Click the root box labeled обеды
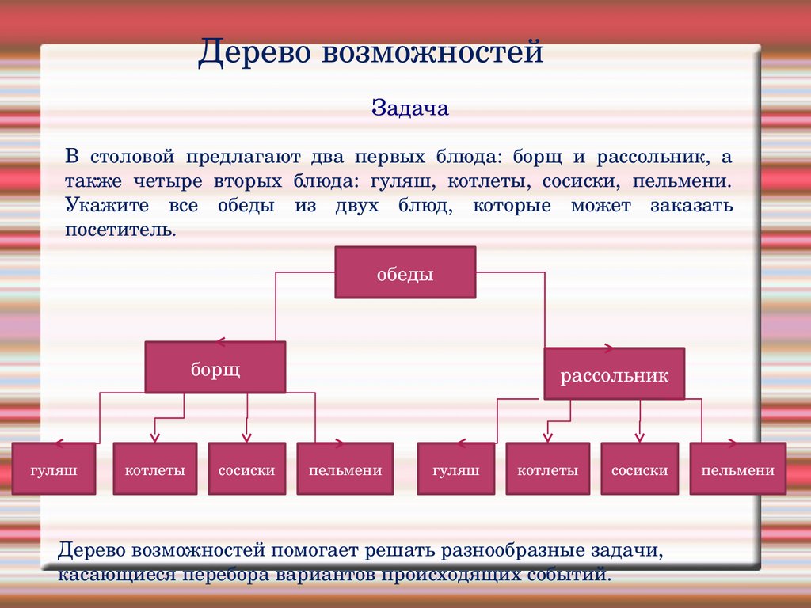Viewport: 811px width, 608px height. click(x=405, y=272)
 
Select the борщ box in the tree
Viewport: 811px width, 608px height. click(x=215, y=367)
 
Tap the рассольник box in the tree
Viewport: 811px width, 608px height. click(x=615, y=374)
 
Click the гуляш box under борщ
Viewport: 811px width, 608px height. click(x=54, y=469)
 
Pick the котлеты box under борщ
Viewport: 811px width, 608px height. click(x=155, y=469)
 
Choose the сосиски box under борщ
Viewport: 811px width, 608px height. click(x=247, y=469)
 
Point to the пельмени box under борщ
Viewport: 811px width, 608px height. click(x=345, y=469)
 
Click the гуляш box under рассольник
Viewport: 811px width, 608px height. click(x=455, y=469)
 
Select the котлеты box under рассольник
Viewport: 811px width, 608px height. click(x=548, y=469)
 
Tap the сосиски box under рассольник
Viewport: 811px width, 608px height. click(x=640, y=469)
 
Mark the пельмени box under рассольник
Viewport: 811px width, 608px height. click(x=738, y=469)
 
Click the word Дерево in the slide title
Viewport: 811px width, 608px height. click(x=254, y=52)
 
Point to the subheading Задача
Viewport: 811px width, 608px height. click(x=410, y=108)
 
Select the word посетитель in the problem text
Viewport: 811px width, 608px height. click(x=120, y=230)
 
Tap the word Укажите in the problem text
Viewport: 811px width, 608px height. click(x=107, y=205)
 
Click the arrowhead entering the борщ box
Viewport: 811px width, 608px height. click(x=221, y=342)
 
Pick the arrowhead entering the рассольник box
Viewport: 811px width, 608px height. click(x=608, y=348)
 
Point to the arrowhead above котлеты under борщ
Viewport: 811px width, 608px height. click(x=154, y=438)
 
